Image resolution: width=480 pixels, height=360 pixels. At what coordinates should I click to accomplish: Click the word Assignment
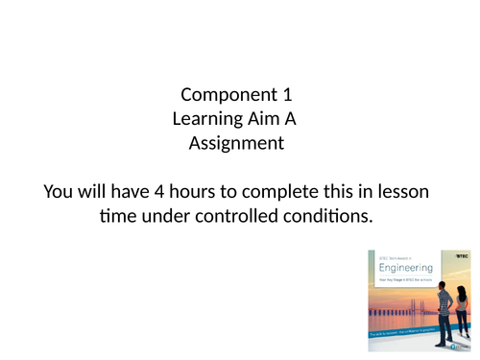point(236,143)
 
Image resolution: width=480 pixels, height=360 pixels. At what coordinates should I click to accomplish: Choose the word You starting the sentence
point(60,193)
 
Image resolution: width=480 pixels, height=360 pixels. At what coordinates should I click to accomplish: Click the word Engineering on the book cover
point(406,268)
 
